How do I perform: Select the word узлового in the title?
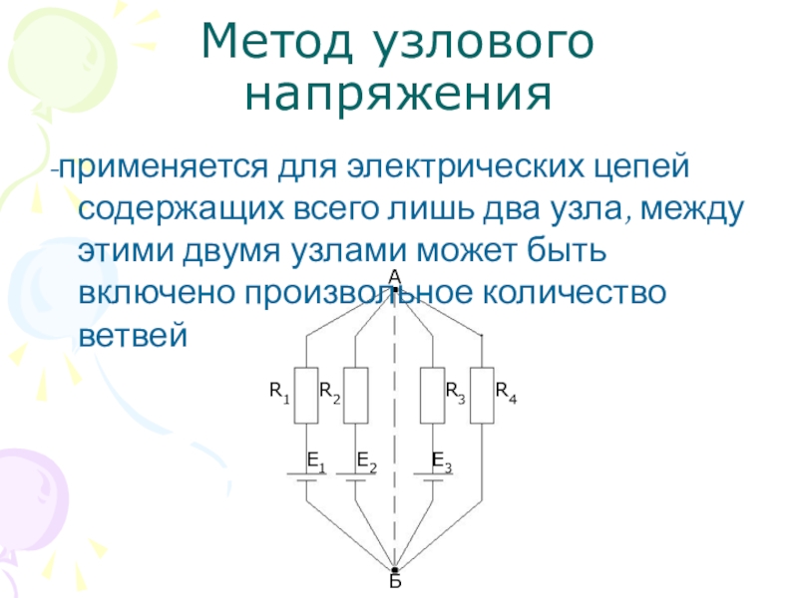point(483,42)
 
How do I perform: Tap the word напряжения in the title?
point(398,95)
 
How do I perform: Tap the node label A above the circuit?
point(394,275)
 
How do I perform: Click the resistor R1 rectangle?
point(305,395)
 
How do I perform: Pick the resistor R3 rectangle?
point(432,395)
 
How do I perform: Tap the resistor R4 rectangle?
point(482,395)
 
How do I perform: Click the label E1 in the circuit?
point(315,460)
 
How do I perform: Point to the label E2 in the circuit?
point(366,460)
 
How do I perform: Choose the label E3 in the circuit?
point(441,460)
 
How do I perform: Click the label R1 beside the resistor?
point(279,392)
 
